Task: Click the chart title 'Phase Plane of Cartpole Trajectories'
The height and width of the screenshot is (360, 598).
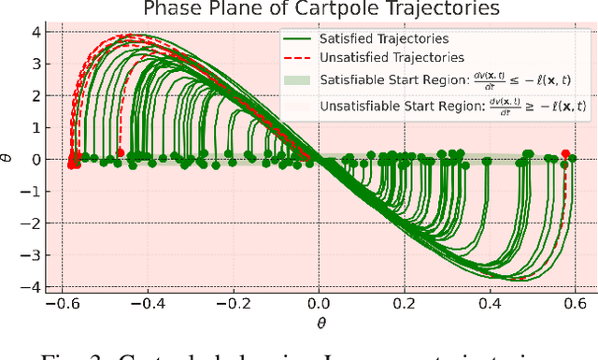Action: click(319, 10)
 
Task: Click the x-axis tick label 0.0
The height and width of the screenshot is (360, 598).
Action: click(320, 305)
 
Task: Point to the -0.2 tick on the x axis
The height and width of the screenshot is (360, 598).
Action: click(232, 305)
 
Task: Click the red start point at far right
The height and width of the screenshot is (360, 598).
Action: click(565, 153)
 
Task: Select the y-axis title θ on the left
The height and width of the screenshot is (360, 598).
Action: click(8, 160)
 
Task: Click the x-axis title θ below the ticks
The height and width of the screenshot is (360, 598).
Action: click(319, 323)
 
